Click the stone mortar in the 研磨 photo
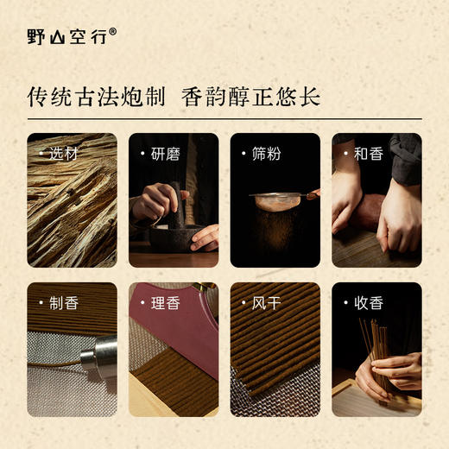click(x=173, y=235)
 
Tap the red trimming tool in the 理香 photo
click(x=173, y=337)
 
